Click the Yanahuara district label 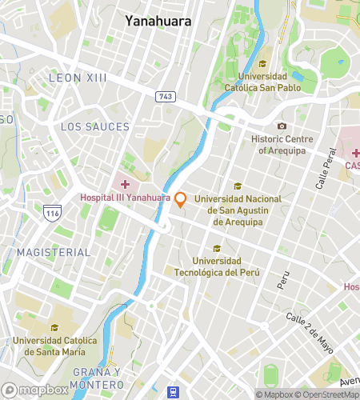coord(158,22)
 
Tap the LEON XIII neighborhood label coord(77,78)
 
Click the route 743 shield coord(166,96)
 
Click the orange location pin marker coord(182,199)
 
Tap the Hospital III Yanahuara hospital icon coord(125,184)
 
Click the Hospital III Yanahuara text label coord(126,198)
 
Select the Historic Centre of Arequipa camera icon coord(282,126)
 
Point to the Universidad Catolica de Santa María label coord(55,346)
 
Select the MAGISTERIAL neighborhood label coord(54,252)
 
